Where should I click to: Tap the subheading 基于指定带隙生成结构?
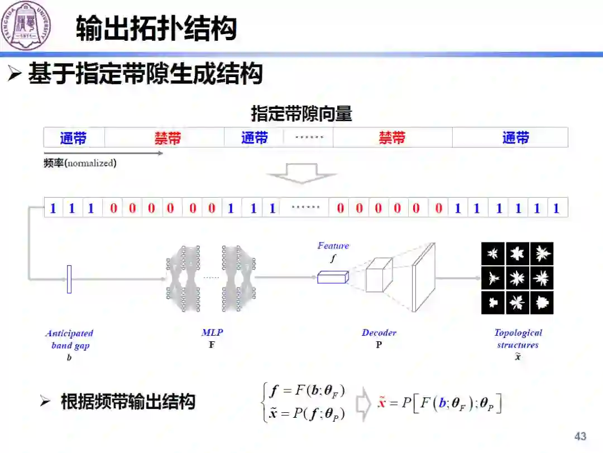pyautogui.click(x=145, y=74)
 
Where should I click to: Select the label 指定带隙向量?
pyautogui.click(x=301, y=114)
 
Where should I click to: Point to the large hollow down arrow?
pyautogui.click(x=301, y=173)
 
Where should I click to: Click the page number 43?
pyautogui.click(x=581, y=436)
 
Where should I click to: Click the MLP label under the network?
pyautogui.click(x=212, y=333)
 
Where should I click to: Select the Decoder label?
pyautogui.click(x=379, y=333)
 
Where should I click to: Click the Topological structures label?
pyautogui.click(x=518, y=338)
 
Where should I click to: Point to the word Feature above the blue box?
pyautogui.click(x=333, y=246)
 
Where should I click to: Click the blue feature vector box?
pyautogui.click(x=333, y=276)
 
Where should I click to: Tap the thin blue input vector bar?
pyautogui.click(x=69, y=279)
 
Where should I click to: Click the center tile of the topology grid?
pyautogui.click(x=518, y=278)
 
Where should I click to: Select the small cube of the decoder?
pyautogui.click(x=379, y=274)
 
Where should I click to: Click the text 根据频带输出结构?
pyautogui.click(x=128, y=402)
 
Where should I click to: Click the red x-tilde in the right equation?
pyautogui.click(x=382, y=402)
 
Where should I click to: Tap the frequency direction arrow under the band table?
pyautogui.click(x=104, y=153)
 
